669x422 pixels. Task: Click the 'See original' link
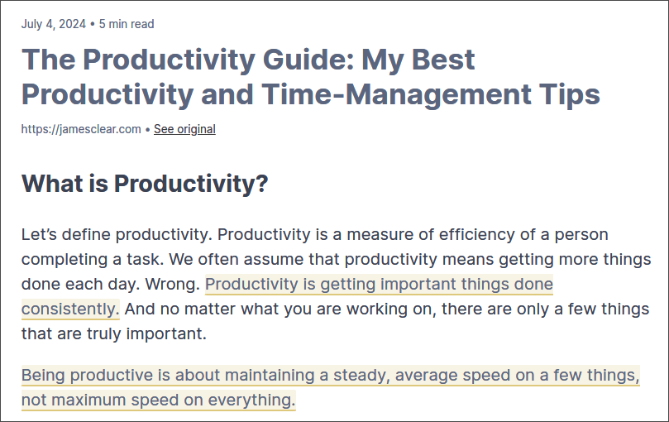tap(184, 129)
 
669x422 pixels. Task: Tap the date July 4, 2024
tap(54, 24)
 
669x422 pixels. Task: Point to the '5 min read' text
tap(127, 24)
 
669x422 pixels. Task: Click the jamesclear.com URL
tap(81, 129)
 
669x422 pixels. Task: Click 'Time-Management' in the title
tap(396, 94)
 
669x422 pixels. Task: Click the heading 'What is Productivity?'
tap(145, 184)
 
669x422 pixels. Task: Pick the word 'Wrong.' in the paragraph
tap(172, 284)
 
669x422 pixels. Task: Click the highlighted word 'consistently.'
tap(70, 309)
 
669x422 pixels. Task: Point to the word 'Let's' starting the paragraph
tap(39, 234)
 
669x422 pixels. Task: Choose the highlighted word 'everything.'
tap(251, 400)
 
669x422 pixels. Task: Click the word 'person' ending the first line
tap(581, 235)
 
